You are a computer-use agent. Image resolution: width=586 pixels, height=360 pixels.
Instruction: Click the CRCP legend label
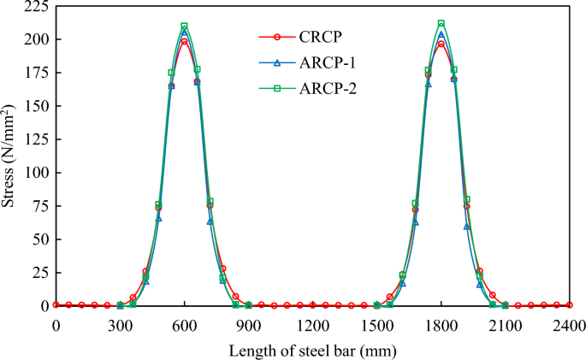coord(318,37)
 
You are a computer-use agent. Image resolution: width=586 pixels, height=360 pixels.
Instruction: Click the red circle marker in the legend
coord(275,37)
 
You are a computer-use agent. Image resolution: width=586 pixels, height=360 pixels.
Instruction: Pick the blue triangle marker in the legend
coord(275,62)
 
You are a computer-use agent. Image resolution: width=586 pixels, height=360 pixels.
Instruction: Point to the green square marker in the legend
coord(275,87)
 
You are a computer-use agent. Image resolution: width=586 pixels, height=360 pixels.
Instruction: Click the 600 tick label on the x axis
coord(184,324)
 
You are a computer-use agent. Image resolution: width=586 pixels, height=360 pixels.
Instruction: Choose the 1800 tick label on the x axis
coord(441,324)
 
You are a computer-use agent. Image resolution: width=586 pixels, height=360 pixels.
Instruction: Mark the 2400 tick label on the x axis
coord(568,324)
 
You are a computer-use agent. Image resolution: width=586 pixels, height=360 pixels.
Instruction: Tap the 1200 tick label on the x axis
coord(312,324)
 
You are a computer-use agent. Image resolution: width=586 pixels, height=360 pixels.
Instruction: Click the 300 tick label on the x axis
coord(120,324)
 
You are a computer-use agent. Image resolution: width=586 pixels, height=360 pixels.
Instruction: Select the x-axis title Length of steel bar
coord(311,349)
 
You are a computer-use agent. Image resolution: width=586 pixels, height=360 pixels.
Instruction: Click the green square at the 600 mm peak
coord(184,27)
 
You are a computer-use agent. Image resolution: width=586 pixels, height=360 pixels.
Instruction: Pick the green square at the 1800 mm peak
coord(441,24)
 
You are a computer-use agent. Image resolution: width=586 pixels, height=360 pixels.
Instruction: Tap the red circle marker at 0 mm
coord(56,304)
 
